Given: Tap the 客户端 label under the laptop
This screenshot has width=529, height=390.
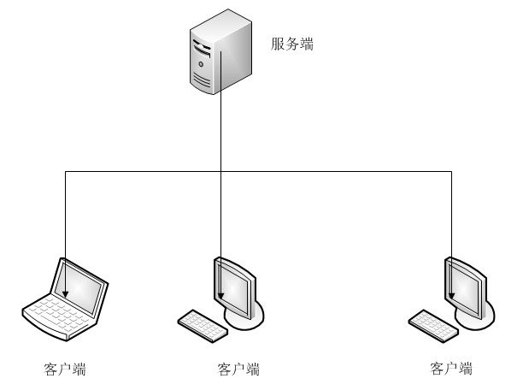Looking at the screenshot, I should click(x=65, y=370).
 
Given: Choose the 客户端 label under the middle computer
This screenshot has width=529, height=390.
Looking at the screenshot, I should click(x=238, y=370).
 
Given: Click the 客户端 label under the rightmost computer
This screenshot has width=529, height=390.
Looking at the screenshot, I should click(x=451, y=369).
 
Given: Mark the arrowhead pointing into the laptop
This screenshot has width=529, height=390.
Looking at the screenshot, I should click(x=66, y=296).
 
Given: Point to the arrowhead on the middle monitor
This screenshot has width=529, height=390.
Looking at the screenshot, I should click(x=221, y=296).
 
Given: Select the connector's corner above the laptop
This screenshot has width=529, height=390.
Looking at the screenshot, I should click(x=66, y=172).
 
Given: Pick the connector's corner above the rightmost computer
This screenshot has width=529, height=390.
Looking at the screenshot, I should click(x=451, y=172).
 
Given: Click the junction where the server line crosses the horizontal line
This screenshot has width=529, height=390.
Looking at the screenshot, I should click(x=221, y=172).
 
